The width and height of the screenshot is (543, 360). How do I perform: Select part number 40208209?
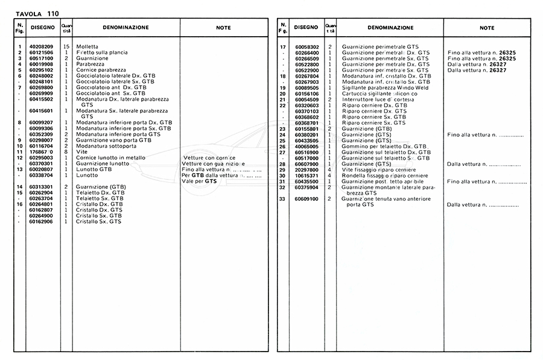tap(40, 46)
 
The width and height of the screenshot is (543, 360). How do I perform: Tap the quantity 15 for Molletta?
tap(66, 46)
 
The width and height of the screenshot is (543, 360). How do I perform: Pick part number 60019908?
tap(40, 63)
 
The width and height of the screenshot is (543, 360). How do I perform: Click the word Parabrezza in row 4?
tap(91, 63)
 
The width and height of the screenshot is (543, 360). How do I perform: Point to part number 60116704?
tap(40, 145)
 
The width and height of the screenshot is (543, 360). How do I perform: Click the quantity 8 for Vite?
tap(66, 151)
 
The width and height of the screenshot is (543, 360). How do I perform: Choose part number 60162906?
tap(40, 221)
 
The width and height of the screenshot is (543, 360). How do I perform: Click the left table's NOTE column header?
tap(223, 28)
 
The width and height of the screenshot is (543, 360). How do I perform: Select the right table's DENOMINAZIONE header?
tap(390, 28)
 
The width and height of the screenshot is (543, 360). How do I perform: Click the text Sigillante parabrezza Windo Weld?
tap(385, 87)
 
